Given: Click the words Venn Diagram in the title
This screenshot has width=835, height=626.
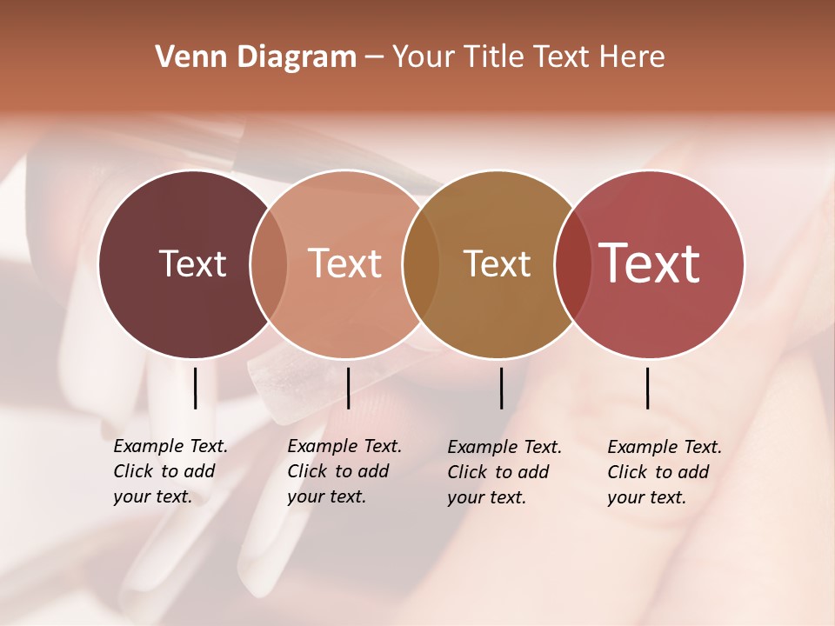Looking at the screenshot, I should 256,57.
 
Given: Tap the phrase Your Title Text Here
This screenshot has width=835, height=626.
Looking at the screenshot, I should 528,57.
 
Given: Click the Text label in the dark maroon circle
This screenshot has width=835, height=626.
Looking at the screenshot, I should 192,263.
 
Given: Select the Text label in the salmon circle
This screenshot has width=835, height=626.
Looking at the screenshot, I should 344,263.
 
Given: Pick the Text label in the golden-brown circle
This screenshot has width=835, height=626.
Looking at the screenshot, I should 497,263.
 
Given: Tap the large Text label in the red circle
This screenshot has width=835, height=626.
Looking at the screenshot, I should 649,263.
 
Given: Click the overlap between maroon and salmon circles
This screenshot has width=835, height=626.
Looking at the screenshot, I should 269,264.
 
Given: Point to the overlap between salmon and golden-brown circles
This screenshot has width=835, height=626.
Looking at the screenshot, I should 421,264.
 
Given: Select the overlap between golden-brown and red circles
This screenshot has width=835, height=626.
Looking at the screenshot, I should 572,264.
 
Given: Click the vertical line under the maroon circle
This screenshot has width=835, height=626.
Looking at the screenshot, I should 195,388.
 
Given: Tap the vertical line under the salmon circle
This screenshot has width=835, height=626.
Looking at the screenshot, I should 348,388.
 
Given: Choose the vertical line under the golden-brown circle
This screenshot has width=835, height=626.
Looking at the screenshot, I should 501,388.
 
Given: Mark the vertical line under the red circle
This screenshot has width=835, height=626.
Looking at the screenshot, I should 647,388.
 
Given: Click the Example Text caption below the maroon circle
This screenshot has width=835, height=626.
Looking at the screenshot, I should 170,471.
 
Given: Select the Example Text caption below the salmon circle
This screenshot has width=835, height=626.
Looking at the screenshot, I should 344,471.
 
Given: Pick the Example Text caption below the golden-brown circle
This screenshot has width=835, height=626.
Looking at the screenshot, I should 504,472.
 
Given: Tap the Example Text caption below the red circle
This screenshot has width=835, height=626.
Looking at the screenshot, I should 664,472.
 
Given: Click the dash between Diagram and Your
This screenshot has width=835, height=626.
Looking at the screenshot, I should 374,58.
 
